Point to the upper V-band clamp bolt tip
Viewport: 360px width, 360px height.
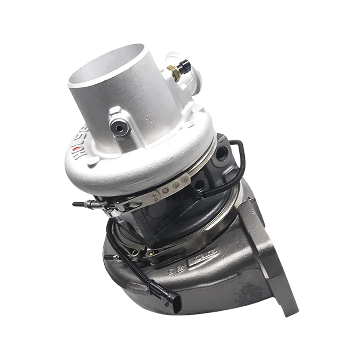[76, 204]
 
